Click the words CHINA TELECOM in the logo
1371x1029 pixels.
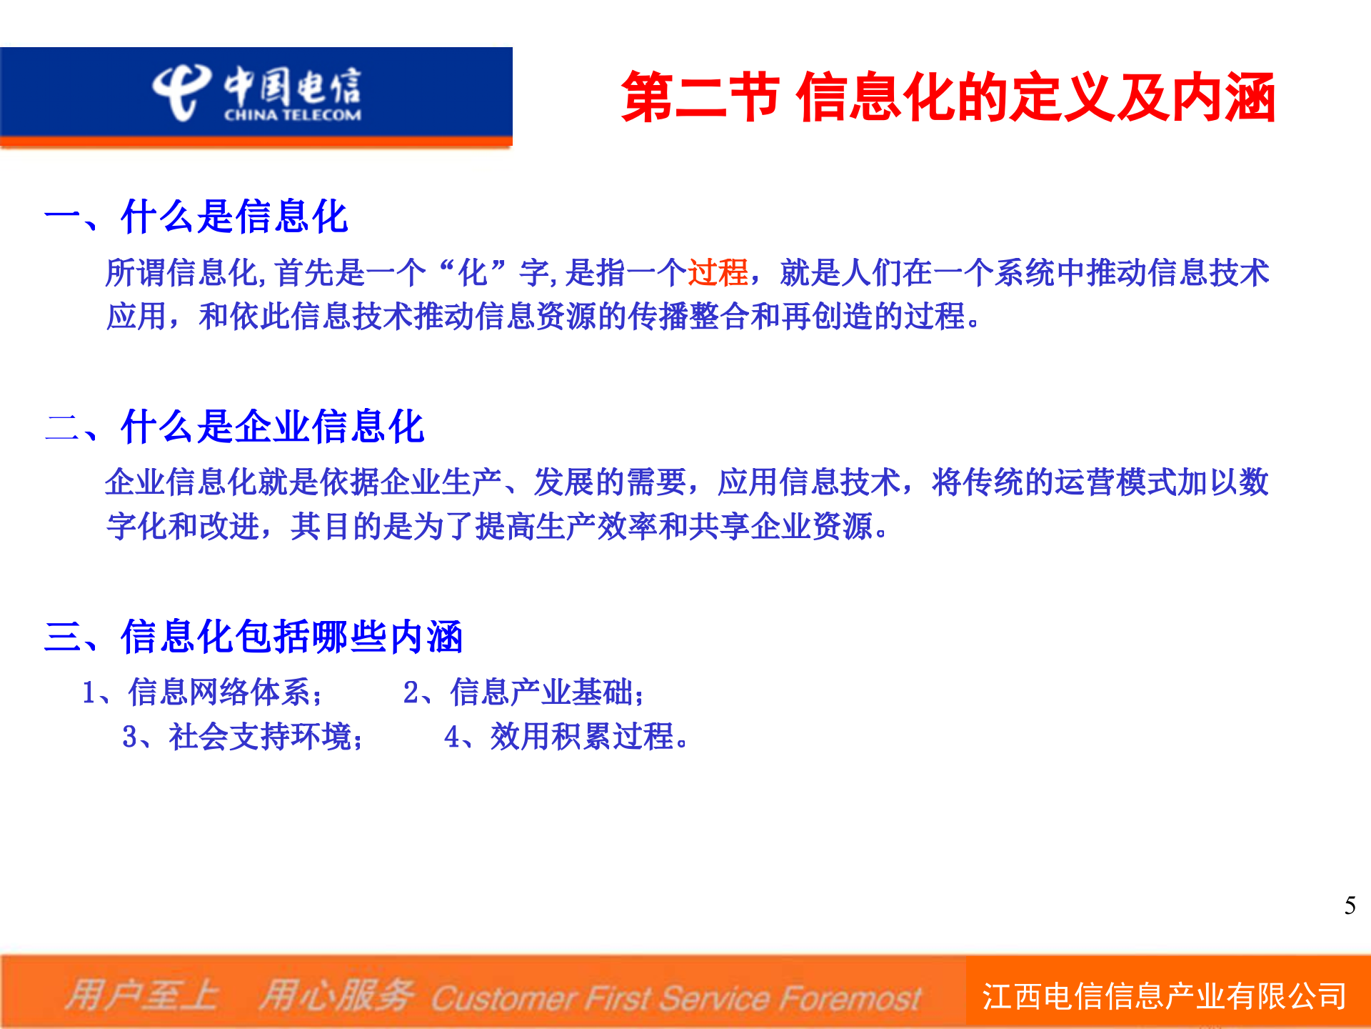[293, 115]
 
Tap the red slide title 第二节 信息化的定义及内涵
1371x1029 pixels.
[948, 97]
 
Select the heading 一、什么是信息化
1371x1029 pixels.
[196, 217]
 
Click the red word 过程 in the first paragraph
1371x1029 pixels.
[718, 273]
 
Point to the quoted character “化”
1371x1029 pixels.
[473, 273]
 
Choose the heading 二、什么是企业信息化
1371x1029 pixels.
[235, 427]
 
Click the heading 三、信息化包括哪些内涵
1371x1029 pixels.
[253, 636]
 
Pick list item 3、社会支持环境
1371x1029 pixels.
[243, 737]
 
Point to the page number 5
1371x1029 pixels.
[1350, 905]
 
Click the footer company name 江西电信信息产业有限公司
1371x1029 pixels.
[1164, 996]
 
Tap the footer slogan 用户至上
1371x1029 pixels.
[142, 995]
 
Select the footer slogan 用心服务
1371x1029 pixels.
[336, 995]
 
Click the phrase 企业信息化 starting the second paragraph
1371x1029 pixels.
[181, 482]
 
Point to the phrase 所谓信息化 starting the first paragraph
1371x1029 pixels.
[181, 273]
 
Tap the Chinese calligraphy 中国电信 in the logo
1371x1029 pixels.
[293, 86]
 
